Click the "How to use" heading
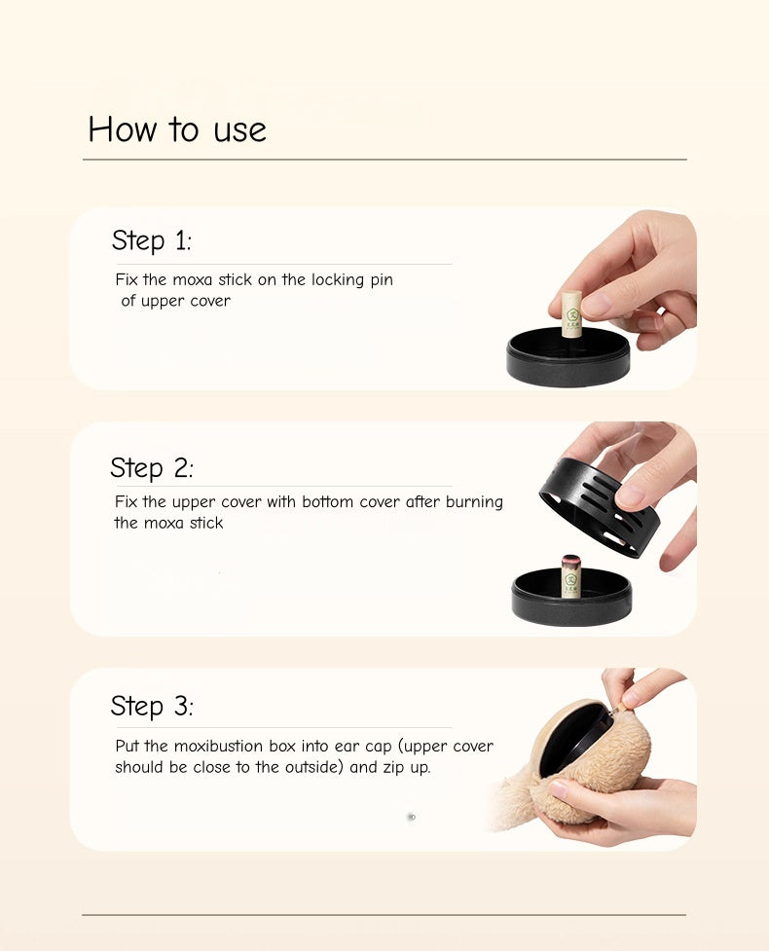click(x=177, y=129)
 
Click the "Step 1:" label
click(x=151, y=240)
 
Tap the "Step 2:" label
click(x=152, y=467)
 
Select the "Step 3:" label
click(x=152, y=706)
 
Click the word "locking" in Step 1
click(x=338, y=280)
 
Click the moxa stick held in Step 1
click(x=570, y=313)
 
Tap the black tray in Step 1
click(x=568, y=357)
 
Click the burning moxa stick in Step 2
click(x=570, y=576)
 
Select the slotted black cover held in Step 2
click(x=592, y=508)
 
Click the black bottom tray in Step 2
click(x=571, y=598)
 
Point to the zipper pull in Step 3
click(x=617, y=708)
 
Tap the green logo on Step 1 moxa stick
click(x=571, y=314)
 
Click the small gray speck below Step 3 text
click(x=411, y=817)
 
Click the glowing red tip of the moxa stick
click(x=570, y=559)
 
